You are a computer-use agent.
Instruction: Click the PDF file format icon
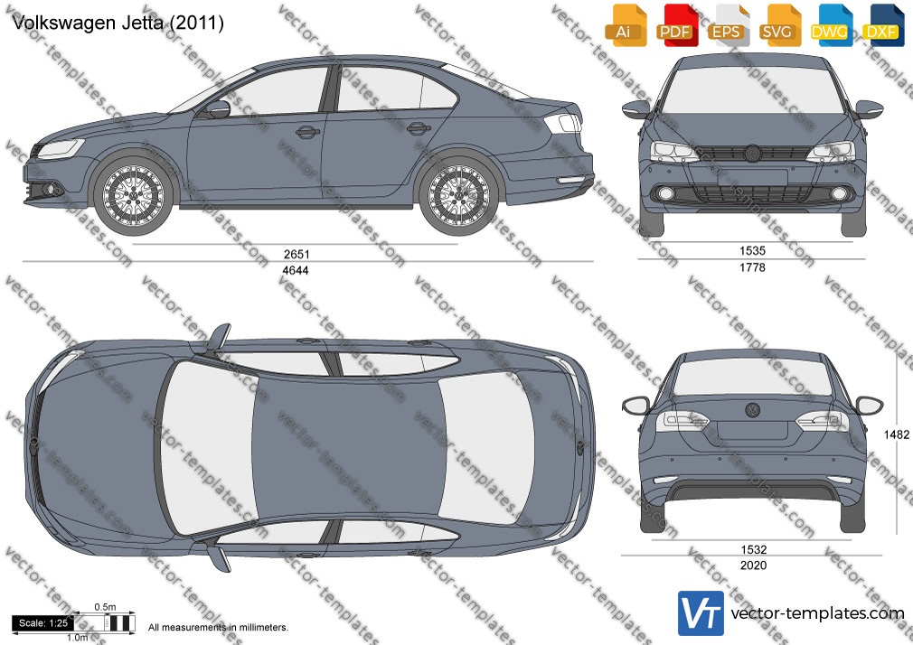(675, 25)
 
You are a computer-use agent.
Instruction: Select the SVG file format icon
(778, 25)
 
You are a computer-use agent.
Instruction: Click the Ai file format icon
(624, 25)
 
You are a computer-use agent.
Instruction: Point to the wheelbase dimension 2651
(296, 254)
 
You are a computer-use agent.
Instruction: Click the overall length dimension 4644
(296, 270)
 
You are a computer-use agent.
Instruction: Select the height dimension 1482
(896, 435)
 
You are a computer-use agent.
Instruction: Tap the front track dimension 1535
(752, 251)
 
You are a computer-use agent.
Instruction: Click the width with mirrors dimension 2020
(753, 565)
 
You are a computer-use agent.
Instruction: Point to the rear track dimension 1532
(753, 549)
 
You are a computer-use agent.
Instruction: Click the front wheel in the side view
(133, 195)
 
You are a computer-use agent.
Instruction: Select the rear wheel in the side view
(458, 195)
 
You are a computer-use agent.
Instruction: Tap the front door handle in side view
(308, 132)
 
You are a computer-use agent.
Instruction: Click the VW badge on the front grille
(752, 153)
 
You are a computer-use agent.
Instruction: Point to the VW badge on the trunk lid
(753, 410)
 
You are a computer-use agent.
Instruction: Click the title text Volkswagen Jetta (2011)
(118, 23)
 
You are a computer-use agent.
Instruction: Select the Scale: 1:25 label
(43, 623)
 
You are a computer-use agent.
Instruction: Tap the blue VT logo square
(701, 613)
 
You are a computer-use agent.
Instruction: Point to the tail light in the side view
(562, 123)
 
